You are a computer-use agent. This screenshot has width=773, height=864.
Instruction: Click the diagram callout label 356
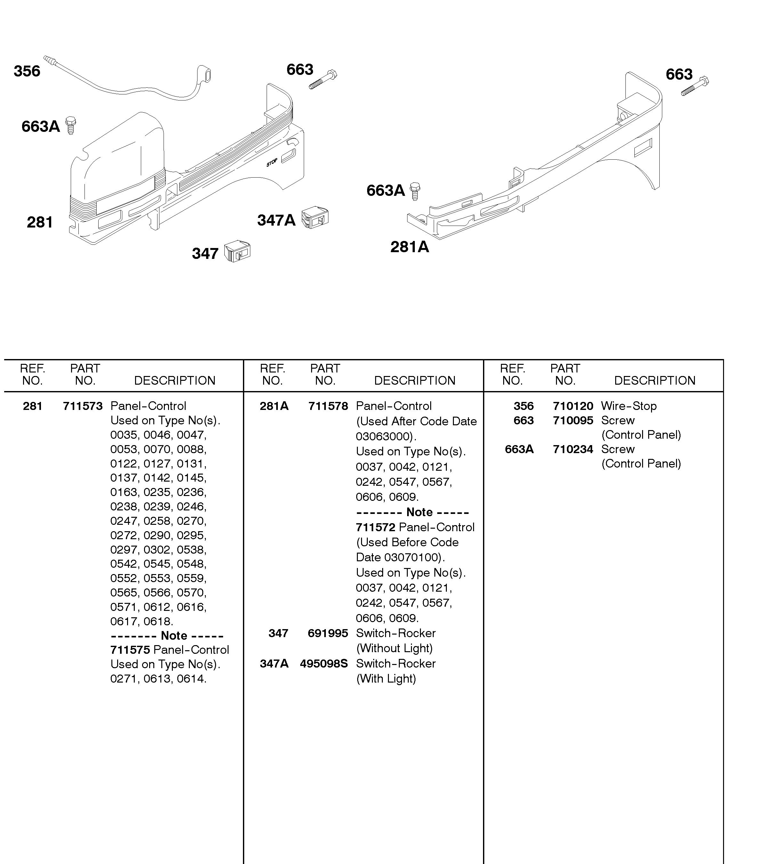coord(27,71)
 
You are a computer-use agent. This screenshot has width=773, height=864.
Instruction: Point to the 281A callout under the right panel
coord(409,247)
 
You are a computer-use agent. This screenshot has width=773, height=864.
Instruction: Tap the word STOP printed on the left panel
coord(272,163)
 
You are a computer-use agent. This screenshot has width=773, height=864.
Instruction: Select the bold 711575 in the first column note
coord(130,650)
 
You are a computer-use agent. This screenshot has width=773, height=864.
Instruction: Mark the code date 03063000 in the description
coord(384,436)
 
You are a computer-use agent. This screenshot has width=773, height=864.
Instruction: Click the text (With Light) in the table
coord(386,678)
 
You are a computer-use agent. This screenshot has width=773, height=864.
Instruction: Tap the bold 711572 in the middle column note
coord(375,527)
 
